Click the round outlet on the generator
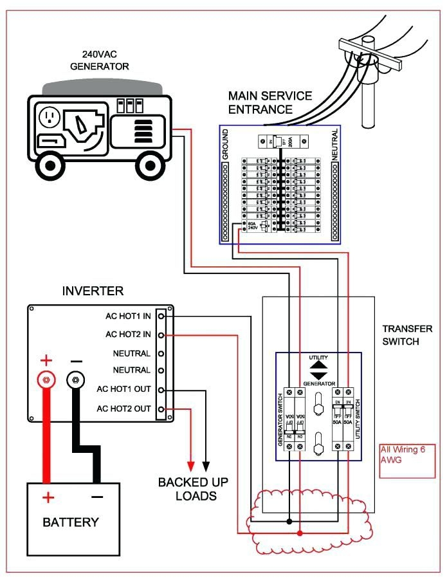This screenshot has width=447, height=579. (x=50, y=117)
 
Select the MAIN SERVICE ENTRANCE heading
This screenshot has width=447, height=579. (x=269, y=102)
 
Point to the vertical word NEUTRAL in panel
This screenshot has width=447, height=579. (x=335, y=144)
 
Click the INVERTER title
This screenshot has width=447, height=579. (x=93, y=291)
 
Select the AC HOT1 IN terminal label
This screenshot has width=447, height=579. (x=128, y=317)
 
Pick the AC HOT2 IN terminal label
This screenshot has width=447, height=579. (x=128, y=335)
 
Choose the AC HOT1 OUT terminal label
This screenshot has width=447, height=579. (x=125, y=389)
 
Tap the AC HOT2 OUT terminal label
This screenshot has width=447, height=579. (x=125, y=409)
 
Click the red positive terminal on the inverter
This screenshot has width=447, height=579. (x=46, y=380)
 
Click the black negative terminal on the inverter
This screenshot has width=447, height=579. (x=75, y=380)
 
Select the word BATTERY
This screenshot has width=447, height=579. (x=71, y=522)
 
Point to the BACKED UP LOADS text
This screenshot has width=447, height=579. (x=193, y=489)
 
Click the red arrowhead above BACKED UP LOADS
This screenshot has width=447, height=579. (x=190, y=464)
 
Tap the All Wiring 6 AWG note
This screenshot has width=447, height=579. (x=403, y=455)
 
